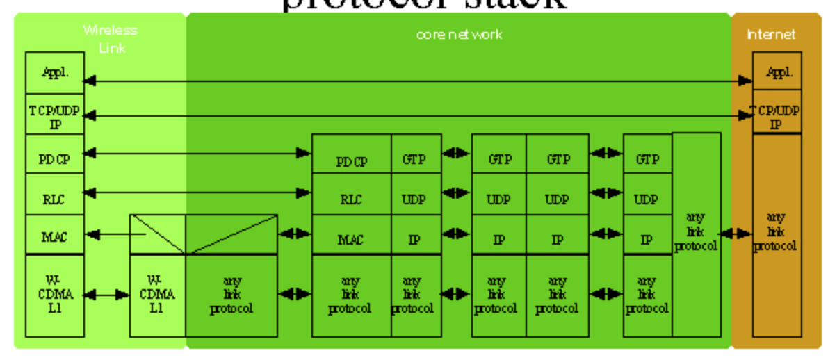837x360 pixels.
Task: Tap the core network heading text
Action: (x=459, y=34)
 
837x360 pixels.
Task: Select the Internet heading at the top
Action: (x=771, y=34)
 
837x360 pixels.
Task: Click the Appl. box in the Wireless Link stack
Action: (x=55, y=73)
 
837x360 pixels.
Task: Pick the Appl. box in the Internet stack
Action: (x=777, y=72)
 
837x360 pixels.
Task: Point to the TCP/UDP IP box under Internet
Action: (x=777, y=117)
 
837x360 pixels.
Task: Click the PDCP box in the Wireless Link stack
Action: (x=55, y=158)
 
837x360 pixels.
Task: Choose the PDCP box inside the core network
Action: (x=352, y=161)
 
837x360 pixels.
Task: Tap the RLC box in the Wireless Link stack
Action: (x=55, y=199)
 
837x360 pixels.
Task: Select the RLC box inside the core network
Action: (x=352, y=199)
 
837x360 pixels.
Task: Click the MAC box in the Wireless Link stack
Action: (x=55, y=237)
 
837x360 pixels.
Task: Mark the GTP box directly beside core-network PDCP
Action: (x=416, y=158)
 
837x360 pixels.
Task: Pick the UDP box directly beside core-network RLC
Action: (x=416, y=199)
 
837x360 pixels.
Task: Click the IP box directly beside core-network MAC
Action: (x=416, y=239)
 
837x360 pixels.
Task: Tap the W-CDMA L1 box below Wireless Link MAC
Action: (x=55, y=295)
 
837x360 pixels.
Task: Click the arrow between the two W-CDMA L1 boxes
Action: (x=107, y=295)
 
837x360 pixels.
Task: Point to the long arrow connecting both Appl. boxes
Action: (x=417, y=81)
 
